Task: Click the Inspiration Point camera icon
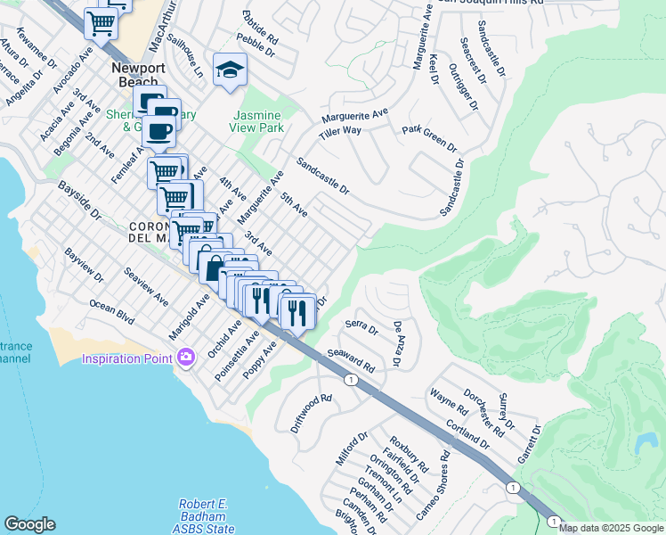[185, 358]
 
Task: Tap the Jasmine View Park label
[257, 122]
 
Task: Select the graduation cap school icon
[230, 70]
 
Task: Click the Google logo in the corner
[29, 524]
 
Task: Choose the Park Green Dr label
[428, 138]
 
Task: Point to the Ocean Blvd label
[111, 310]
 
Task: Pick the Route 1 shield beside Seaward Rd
[352, 381]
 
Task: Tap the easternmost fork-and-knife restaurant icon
[297, 311]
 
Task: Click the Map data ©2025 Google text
[611, 528]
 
